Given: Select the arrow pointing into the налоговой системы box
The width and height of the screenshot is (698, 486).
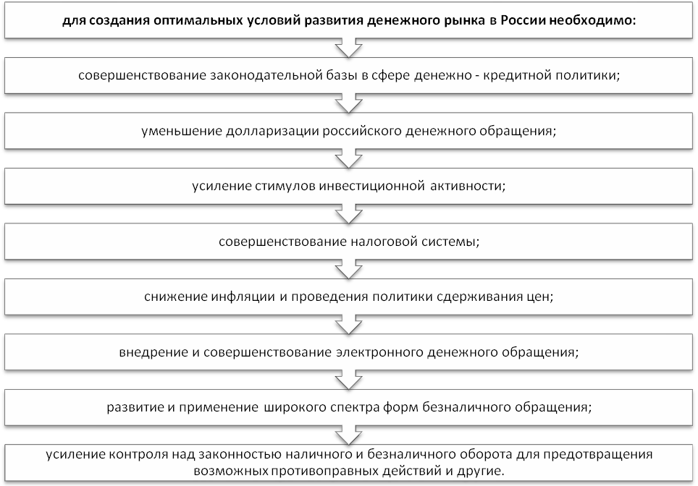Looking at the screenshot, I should coord(349,213).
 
